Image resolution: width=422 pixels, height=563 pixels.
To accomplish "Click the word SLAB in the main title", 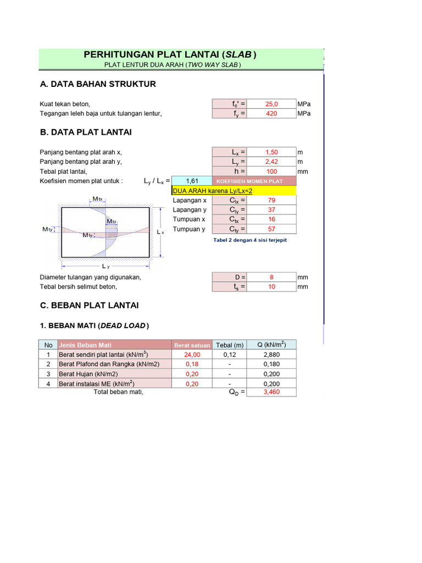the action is click(238, 54).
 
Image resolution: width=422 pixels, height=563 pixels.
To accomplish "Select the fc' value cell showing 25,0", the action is click(271, 104).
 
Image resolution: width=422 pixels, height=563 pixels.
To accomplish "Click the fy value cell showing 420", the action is click(271, 114).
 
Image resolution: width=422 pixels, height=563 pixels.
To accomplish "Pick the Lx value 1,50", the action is click(271, 152).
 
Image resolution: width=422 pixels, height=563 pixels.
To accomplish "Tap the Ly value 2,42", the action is click(271, 162).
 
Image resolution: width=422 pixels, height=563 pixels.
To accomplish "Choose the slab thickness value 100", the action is click(271, 172).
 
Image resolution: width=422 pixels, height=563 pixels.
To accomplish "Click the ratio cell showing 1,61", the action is click(192, 181).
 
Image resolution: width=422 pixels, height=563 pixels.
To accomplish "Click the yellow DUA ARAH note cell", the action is click(234, 191).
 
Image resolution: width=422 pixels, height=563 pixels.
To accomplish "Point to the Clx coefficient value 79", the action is click(271, 201).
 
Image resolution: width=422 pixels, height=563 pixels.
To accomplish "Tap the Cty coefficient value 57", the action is click(271, 229).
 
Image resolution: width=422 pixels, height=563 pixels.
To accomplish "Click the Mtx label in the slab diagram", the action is click(97, 199).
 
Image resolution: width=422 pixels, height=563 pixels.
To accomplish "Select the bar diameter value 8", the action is click(271, 277).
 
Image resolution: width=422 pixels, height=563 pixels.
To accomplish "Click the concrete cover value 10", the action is click(271, 287).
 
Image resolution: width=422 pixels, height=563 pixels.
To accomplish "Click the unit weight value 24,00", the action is click(192, 355).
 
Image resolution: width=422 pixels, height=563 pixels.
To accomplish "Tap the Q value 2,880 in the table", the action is click(271, 355).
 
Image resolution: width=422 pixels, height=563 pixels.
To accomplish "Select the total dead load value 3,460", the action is click(271, 393).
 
